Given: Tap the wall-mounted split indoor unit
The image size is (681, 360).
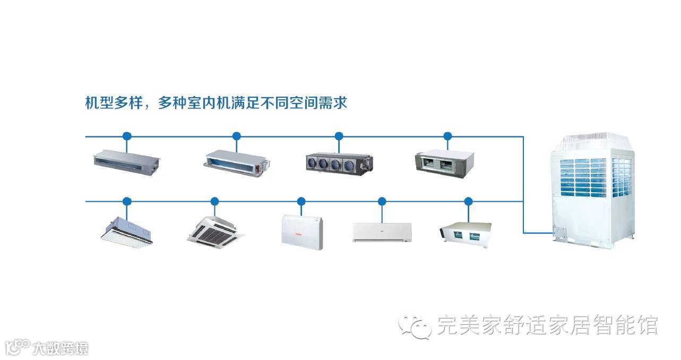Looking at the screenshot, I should click(x=382, y=233).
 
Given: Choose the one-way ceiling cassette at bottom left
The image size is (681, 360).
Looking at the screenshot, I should click(x=127, y=229).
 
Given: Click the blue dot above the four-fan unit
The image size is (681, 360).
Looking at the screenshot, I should click(x=339, y=136).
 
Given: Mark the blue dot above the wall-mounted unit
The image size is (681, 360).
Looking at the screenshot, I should click(x=382, y=201).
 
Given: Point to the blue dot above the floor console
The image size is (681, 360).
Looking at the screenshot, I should click(x=301, y=201).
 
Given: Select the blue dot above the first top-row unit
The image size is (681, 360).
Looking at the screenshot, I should click(x=126, y=136).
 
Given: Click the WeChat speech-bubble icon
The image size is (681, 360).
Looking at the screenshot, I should click(x=415, y=325).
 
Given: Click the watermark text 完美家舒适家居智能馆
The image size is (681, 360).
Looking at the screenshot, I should click(x=547, y=325).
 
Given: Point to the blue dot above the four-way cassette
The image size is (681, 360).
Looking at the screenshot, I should click(x=214, y=201).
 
